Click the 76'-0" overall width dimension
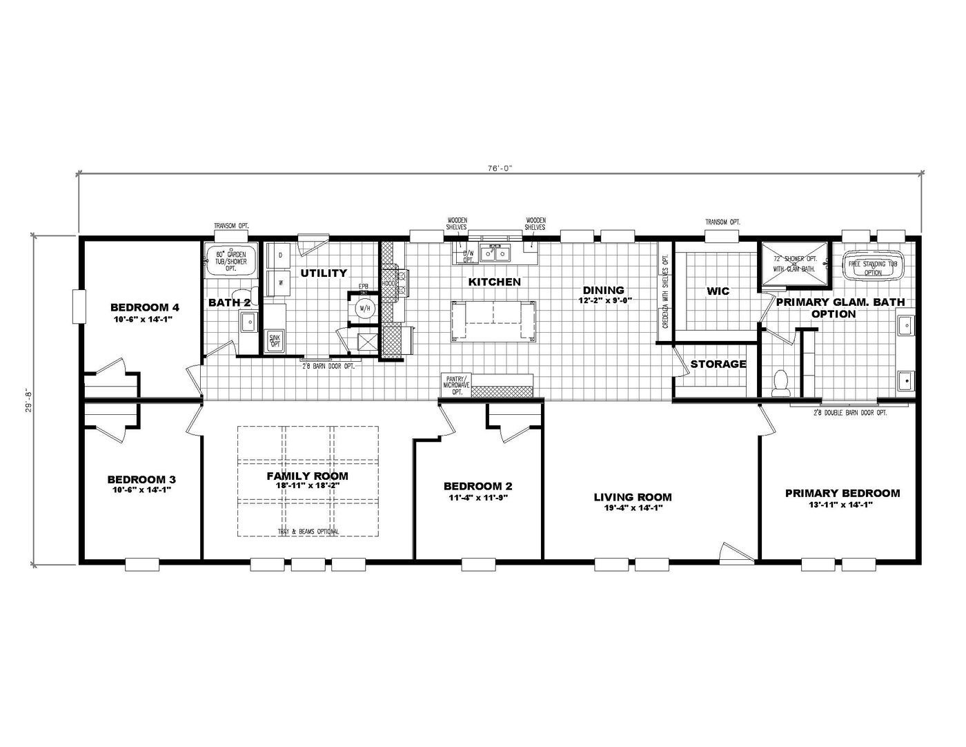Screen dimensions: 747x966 (x=499, y=167)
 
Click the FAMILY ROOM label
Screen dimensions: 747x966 (x=307, y=476)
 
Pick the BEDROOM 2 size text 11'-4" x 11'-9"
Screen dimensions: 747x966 (x=477, y=497)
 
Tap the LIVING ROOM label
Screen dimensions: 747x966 (x=633, y=497)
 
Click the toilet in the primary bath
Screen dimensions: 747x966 (x=781, y=382)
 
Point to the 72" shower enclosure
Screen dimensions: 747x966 (x=794, y=264)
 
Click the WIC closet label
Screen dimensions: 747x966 (x=718, y=291)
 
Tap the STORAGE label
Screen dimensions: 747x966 (x=718, y=364)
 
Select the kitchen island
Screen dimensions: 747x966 (x=493, y=321)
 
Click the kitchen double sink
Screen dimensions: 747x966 (x=498, y=254)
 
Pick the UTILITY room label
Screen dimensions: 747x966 (x=324, y=273)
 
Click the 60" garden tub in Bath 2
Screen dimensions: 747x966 (x=231, y=259)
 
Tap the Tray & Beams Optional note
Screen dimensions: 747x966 (x=308, y=532)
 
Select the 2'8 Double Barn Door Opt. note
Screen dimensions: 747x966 (x=839, y=412)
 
